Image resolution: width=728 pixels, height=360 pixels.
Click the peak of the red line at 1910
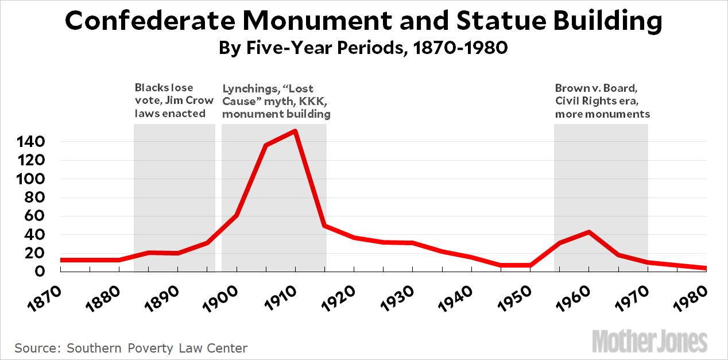click(295, 131)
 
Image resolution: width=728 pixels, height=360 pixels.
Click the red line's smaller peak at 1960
click(588, 232)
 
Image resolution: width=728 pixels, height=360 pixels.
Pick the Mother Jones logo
click(649, 341)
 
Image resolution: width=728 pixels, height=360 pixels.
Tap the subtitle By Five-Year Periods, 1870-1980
click(363, 48)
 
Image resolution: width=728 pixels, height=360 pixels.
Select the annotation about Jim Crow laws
click(174, 100)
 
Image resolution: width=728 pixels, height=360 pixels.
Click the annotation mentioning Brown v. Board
click(602, 100)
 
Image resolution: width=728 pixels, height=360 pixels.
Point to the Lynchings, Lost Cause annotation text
click(276, 101)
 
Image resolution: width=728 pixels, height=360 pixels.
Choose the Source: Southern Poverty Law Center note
click(131, 348)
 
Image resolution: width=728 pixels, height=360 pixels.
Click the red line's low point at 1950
click(530, 265)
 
